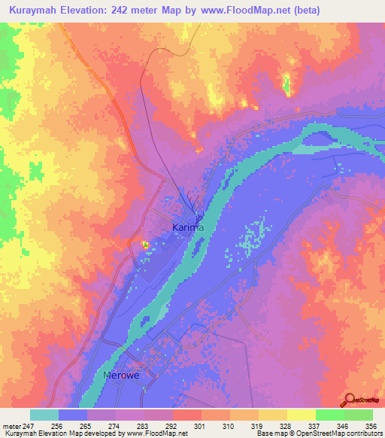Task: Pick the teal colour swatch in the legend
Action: click(44, 415)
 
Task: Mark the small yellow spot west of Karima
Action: click(144, 244)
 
